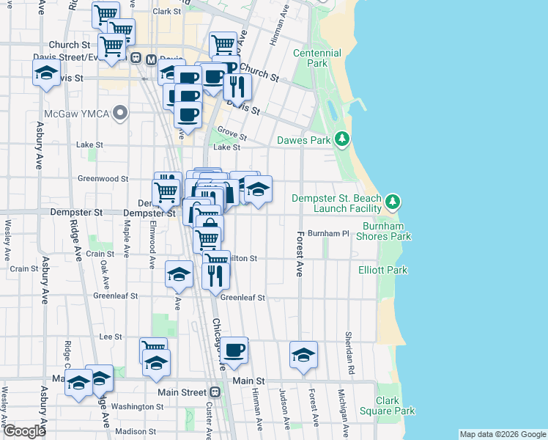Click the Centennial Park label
tap(316, 58)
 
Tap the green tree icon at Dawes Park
tap(341, 138)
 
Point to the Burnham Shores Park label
tap(383, 231)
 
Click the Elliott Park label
tap(382, 270)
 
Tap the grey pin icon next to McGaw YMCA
tap(121, 113)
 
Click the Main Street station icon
tap(212, 392)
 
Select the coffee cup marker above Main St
tap(234, 351)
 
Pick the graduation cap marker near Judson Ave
tap(303, 355)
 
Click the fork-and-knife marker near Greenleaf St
tap(215, 276)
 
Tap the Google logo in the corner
tap(23, 431)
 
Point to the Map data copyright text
tap(502, 434)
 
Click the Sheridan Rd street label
tap(349, 345)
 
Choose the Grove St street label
tap(231, 135)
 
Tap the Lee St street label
tap(110, 337)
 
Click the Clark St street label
tap(166, 12)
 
